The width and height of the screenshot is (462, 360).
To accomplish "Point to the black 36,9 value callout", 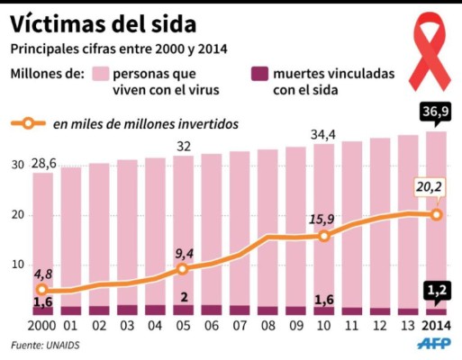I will [435, 111].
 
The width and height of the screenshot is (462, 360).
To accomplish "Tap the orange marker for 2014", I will [437, 214].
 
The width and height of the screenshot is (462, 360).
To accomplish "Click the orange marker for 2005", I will [183, 268].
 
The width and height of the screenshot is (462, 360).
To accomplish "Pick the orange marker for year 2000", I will [42, 290].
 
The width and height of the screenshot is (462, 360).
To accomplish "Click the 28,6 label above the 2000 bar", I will [42, 162].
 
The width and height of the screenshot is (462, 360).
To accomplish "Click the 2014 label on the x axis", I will [437, 325].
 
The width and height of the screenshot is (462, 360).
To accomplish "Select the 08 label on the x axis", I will [268, 325].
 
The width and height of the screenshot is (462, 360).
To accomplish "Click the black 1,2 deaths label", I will [437, 289].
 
